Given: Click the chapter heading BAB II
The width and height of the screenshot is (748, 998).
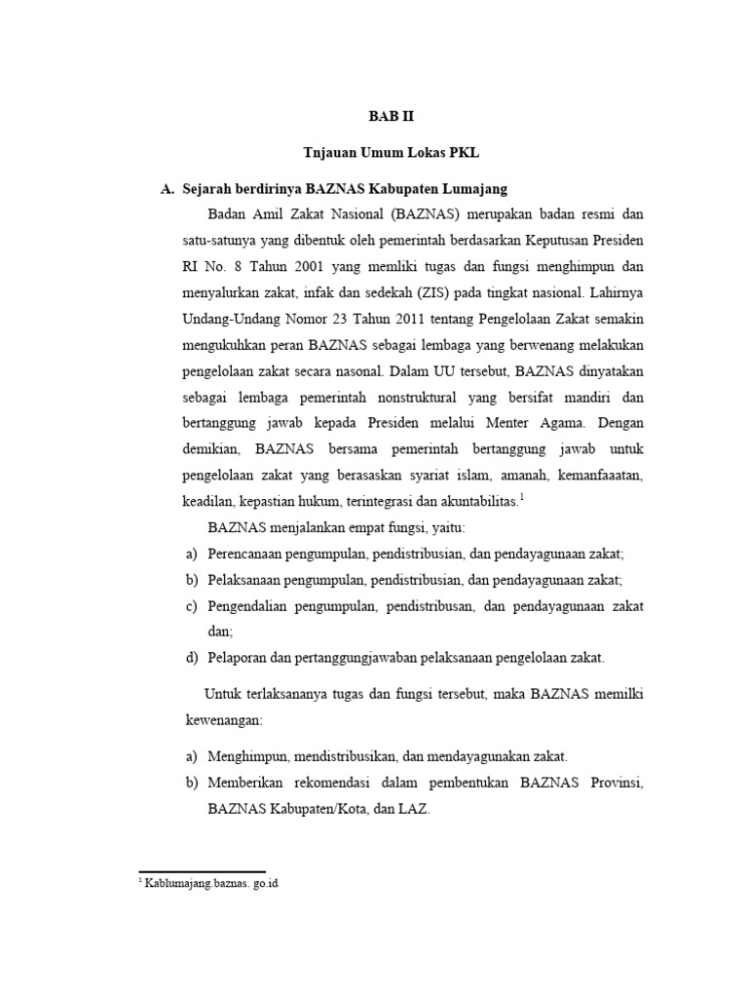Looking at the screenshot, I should (391, 115).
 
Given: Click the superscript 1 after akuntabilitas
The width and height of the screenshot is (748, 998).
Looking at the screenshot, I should (522, 498).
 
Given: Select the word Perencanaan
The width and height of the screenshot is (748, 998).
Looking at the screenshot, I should (250, 553).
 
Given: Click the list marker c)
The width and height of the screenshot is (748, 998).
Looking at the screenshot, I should (192, 605).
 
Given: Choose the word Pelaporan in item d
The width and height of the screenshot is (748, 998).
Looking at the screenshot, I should (237, 658).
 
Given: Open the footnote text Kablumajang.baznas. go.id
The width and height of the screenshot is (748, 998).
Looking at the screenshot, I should (212, 884).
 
